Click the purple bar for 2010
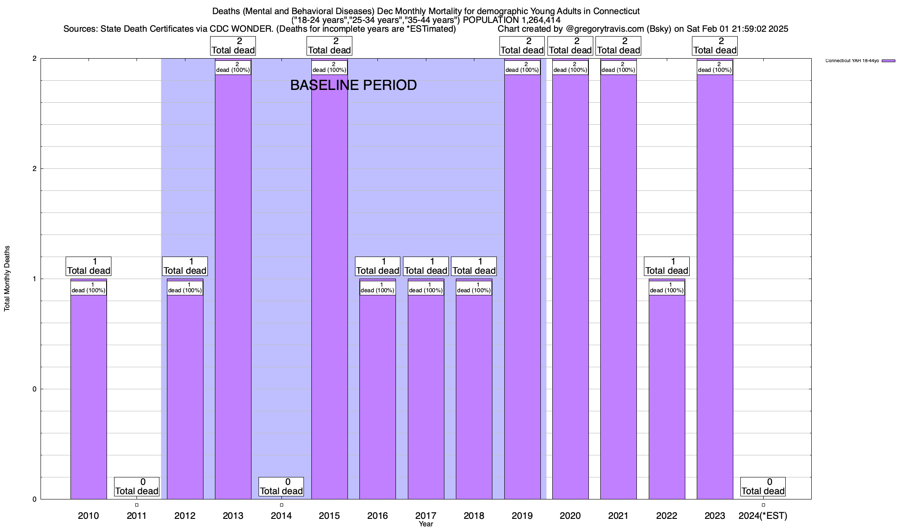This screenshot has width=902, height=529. [89, 397]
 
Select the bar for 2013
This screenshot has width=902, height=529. [233, 287]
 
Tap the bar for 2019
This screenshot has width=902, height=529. [522, 287]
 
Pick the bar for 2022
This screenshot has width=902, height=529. [667, 397]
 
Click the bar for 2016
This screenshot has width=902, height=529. [377, 397]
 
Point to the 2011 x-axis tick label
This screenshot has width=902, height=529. [137, 515]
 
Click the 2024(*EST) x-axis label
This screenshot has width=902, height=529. [763, 515]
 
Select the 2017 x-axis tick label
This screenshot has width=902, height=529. [426, 515]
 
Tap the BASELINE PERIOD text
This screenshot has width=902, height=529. [353, 85]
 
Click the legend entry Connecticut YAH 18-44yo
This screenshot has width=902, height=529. [852, 60]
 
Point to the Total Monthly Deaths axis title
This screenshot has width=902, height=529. [7, 279]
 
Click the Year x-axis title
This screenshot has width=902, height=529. [426, 524]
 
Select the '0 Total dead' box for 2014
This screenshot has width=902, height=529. [281, 487]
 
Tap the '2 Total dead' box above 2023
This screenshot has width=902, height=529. [715, 46]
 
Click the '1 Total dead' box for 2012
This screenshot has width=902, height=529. [185, 266]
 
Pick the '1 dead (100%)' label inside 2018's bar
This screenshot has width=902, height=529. [474, 288]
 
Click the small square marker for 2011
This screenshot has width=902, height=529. [137, 505]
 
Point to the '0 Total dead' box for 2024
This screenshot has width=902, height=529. [763, 487]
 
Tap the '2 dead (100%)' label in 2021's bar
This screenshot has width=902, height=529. [618, 67]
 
